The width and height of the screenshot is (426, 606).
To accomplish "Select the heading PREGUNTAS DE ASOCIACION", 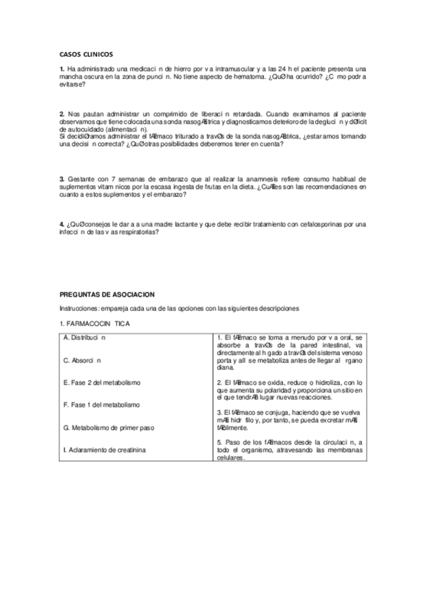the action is (107, 294).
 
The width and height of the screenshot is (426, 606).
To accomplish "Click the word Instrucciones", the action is (82, 308).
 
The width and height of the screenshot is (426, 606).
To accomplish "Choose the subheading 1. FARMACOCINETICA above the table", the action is (94, 324).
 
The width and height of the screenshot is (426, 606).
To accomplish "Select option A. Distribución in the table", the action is (85, 337).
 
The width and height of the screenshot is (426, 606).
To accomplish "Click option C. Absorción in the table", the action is (82, 360).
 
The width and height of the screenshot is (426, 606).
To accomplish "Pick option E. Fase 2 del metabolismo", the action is (101, 383).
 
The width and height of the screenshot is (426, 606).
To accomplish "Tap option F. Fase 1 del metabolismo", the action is (101, 404).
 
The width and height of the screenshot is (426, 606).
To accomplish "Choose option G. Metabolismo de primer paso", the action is (108, 427).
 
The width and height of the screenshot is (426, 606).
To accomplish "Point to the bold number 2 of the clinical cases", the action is (62, 114).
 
